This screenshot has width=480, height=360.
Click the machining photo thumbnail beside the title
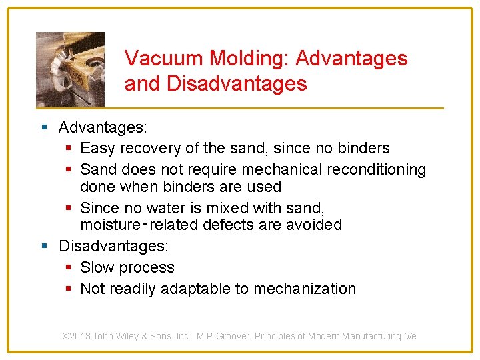coord(70,69)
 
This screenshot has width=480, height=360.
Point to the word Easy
coord(97,148)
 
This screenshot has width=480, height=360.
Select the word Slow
coord(97,267)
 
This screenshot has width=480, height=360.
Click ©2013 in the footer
coord(76,336)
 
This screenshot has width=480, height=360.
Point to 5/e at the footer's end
coord(409,336)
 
